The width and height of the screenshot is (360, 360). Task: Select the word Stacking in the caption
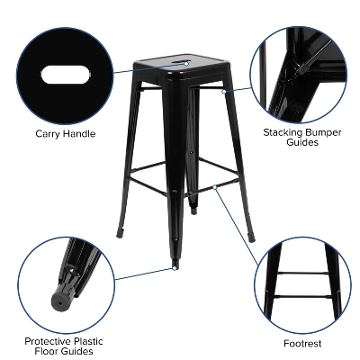tap(283, 131)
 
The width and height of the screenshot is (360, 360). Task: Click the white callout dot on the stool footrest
tap(216, 186)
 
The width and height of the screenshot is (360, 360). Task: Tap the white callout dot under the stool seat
tap(224, 89)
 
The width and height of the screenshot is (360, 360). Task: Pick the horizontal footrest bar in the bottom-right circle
tap(302, 296)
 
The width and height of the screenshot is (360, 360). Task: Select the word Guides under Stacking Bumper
tap(302, 142)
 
